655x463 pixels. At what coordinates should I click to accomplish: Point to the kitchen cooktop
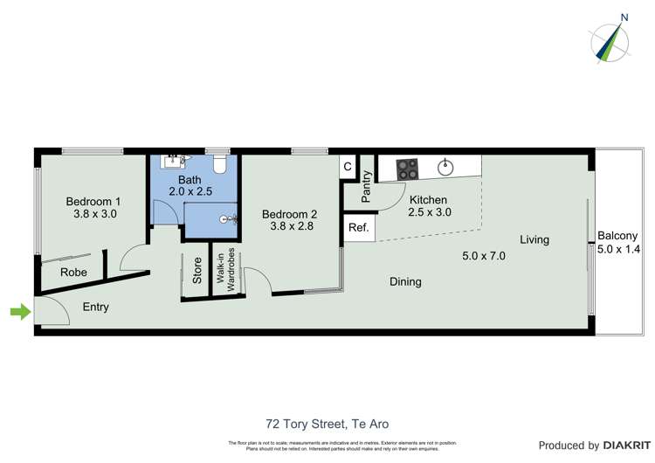coord(408,169)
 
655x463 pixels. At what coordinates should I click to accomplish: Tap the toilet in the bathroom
coord(221,165)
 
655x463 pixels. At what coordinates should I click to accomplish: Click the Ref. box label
coord(358,228)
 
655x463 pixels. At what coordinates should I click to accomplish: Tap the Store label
coord(197,271)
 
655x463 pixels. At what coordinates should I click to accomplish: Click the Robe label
coord(73,273)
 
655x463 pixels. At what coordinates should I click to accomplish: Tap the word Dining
coord(405,282)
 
